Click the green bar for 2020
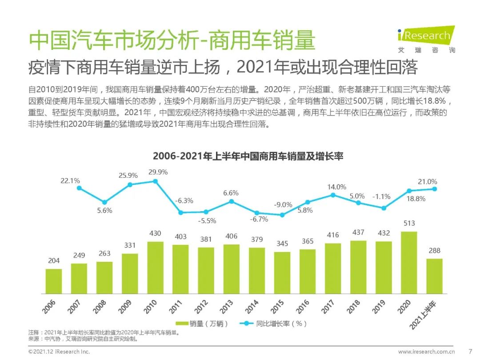click(x=409, y=262)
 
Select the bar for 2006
click(x=54, y=281)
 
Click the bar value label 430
click(x=155, y=233)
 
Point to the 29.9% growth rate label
click(x=158, y=172)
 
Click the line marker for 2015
click(x=282, y=215)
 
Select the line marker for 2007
click(x=79, y=188)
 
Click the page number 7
click(x=470, y=351)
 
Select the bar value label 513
click(x=409, y=224)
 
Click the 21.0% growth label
click(x=428, y=181)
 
